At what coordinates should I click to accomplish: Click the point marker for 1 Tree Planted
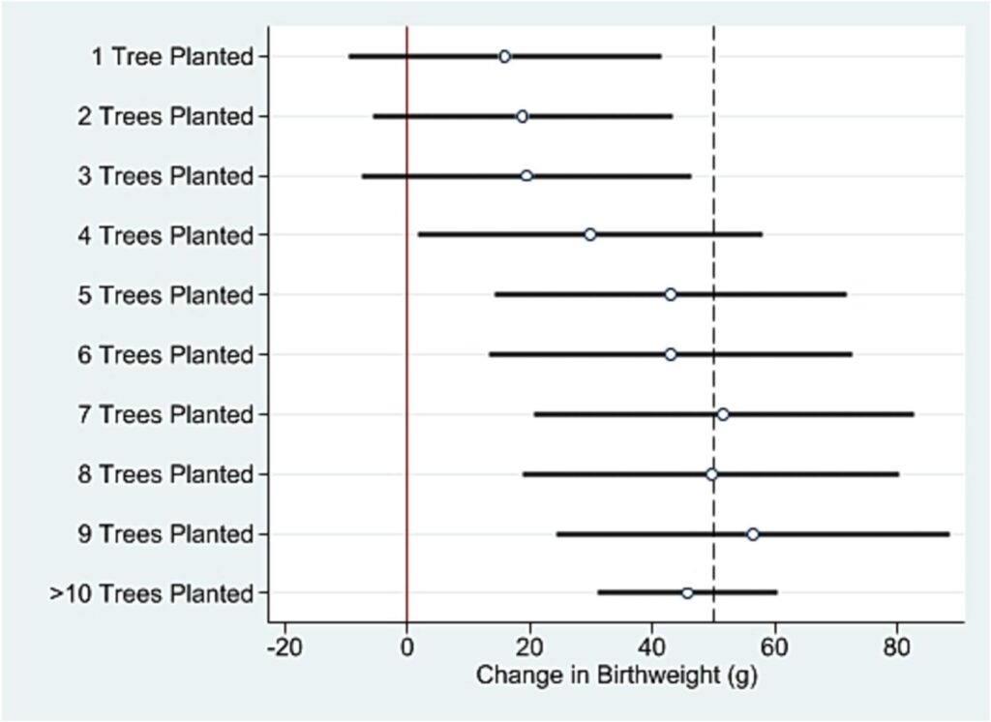[x=504, y=56]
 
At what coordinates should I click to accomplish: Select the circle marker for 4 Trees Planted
[x=590, y=234]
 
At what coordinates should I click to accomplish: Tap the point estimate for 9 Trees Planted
[x=752, y=534]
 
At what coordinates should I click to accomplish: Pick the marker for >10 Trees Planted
[x=687, y=593]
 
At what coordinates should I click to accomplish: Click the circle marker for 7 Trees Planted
[x=723, y=414]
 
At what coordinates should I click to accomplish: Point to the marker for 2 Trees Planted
[x=522, y=116]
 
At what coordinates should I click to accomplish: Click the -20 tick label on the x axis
[x=284, y=646]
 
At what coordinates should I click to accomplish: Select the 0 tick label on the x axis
[x=407, y=646]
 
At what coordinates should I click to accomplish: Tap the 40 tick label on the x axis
[x=652, y=646]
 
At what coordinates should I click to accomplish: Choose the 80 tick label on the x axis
[x=897, y=646]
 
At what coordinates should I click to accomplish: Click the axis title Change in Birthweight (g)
[x=616, y=675]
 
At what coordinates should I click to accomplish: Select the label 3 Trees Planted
[x=165, y=176]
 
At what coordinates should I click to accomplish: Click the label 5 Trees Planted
[x=165, y=295]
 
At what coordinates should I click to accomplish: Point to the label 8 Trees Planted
[x=165, y=474]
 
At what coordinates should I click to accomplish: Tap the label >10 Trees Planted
[x=152, y=593]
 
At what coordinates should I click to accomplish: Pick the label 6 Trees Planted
[x=165, y=355]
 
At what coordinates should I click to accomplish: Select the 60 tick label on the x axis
[x=774, y=646]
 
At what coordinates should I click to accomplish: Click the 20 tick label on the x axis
[x=529, y=646]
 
